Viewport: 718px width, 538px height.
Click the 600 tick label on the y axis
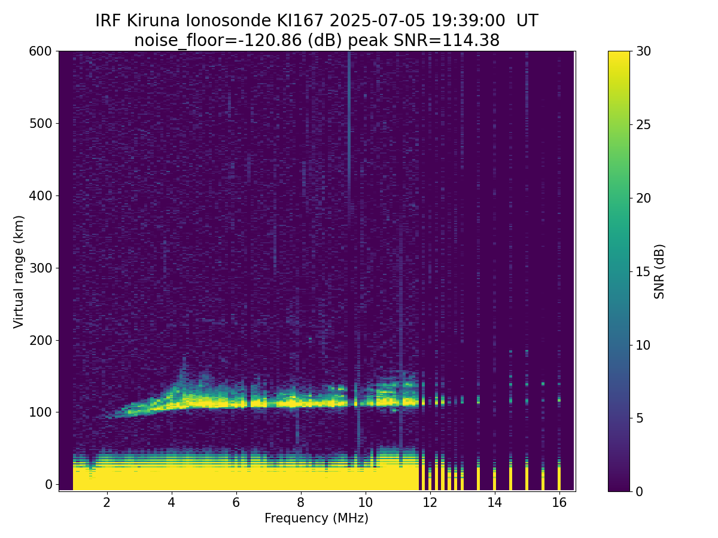click(40, 51)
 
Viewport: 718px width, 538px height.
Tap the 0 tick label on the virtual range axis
click(48, 485)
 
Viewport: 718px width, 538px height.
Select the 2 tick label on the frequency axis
click(107, 502)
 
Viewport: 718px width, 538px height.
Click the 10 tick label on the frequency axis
click(366, 502)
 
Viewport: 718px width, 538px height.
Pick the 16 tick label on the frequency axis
click(559, 502)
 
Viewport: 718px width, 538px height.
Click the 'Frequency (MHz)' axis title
click(317, 518)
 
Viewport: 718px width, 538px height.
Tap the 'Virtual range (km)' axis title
click(19, 272)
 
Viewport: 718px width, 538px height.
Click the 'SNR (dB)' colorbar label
click(659, 272)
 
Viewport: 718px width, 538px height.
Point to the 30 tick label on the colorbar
click(643, 51)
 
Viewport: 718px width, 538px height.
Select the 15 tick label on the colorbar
click(643, 271)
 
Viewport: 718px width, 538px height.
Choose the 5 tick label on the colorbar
click(640, 418)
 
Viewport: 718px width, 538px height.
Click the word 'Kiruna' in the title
click(153, 21)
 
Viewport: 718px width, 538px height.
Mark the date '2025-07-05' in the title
click(377, 21)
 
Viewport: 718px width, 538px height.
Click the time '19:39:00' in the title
click(468, 21)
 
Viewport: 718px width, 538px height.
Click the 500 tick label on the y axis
click(40, 124)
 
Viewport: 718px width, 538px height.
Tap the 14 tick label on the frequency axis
click(495, 502)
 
